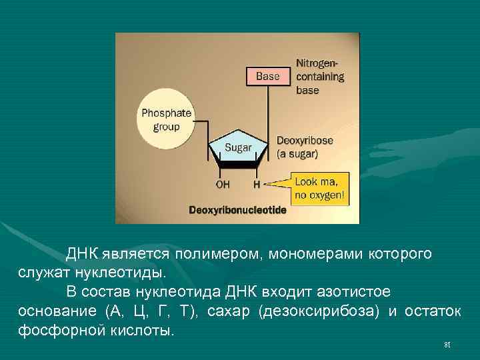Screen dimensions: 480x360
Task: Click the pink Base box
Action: coord(267,76)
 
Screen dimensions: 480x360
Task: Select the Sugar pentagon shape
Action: coord(237,150)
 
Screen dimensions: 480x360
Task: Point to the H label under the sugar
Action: coord(256,182)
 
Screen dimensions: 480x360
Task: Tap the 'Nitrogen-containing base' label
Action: coord(320,76)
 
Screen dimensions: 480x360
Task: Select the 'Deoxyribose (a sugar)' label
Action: coord(306,147)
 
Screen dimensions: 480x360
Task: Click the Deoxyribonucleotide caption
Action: coord(237,210)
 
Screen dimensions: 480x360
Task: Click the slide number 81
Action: coord(447,345)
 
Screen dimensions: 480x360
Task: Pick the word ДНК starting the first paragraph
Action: coord(82,254)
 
